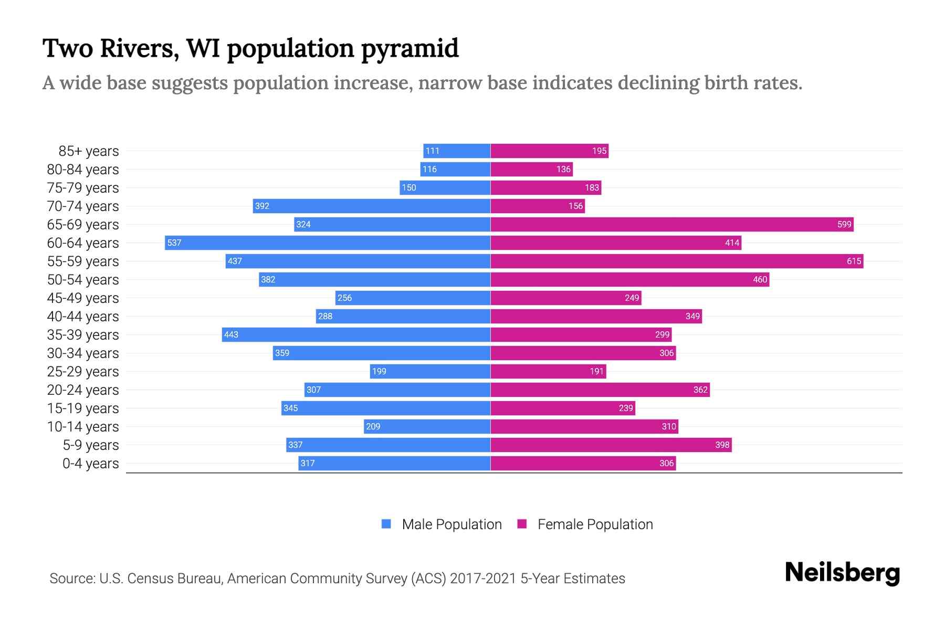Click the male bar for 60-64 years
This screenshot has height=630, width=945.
coord(328,243)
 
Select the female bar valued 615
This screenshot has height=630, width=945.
coord(677,261)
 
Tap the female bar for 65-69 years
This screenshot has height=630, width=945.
coord(672,224)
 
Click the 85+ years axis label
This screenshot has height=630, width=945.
coord(88,151)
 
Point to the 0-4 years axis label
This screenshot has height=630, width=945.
coord(90,464)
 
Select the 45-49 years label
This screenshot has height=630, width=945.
coord(83,298)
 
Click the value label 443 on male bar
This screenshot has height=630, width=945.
coord(231,334)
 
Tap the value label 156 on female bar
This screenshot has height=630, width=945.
coord(575,206)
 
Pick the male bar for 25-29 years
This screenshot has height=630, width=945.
coord(430,371)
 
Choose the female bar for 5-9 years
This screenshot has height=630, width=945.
coord(611,445)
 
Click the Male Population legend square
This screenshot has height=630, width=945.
coord(386,524)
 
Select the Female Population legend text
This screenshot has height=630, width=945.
coord(595,524)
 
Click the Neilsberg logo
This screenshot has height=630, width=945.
coord(842,573)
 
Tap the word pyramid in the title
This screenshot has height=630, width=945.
coord(409,49)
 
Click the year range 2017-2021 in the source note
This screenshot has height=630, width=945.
coord(483,579)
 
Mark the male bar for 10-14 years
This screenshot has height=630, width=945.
coord(427,426)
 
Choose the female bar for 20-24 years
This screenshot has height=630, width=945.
coord(600,390)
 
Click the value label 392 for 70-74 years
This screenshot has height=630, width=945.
coord(262,206)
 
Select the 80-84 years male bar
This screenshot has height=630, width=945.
coord(455,169)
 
